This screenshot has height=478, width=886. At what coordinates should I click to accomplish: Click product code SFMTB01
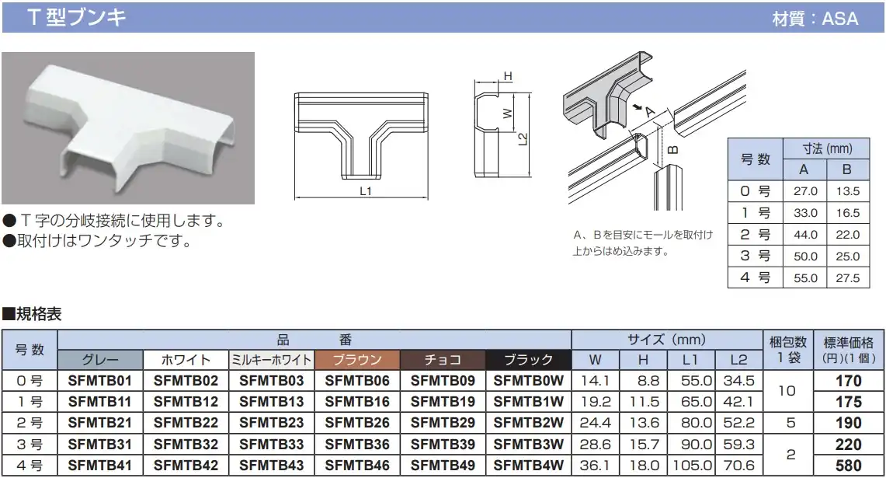coord(99,381)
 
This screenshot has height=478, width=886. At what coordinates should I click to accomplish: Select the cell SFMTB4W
coord(528,466)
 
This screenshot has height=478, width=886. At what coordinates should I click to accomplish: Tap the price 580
coord(848,466)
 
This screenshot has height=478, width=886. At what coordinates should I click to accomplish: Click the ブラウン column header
coord(357,360)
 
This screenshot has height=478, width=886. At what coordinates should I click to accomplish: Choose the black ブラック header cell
coord(528,360)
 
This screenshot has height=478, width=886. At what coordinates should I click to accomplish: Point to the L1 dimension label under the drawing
coord(366,191)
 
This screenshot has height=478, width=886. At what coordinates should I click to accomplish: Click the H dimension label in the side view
coord(508,76)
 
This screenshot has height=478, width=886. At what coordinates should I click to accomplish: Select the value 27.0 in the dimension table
coord(805,191)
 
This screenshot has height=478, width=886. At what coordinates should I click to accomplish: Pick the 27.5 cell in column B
coord(848,278)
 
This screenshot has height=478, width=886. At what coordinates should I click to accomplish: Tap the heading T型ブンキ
coord(76,17)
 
